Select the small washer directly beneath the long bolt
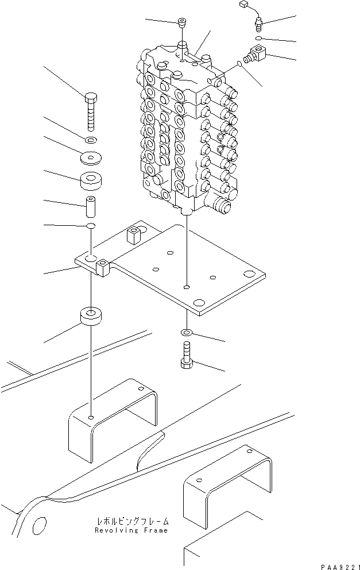point(91,140)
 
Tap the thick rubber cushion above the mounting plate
point(91,181)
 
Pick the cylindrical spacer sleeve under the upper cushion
point(91,203)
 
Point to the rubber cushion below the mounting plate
point(91,317)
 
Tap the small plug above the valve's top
point(182,24)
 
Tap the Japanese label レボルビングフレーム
point(133,522)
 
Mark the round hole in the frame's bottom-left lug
point(40,525)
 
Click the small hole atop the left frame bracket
point(91,417)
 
